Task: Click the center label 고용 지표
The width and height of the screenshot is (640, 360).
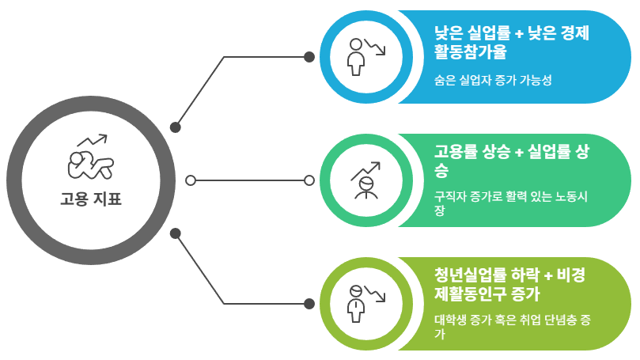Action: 91,199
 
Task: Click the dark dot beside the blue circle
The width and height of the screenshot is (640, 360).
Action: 309,57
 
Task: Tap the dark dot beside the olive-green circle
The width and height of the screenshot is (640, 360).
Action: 309,304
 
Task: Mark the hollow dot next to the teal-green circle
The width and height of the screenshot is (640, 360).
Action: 309,180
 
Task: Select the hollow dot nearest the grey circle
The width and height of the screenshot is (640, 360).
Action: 191,180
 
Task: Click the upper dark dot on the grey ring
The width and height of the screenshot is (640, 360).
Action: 176,127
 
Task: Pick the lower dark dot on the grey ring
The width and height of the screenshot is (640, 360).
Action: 176,233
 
